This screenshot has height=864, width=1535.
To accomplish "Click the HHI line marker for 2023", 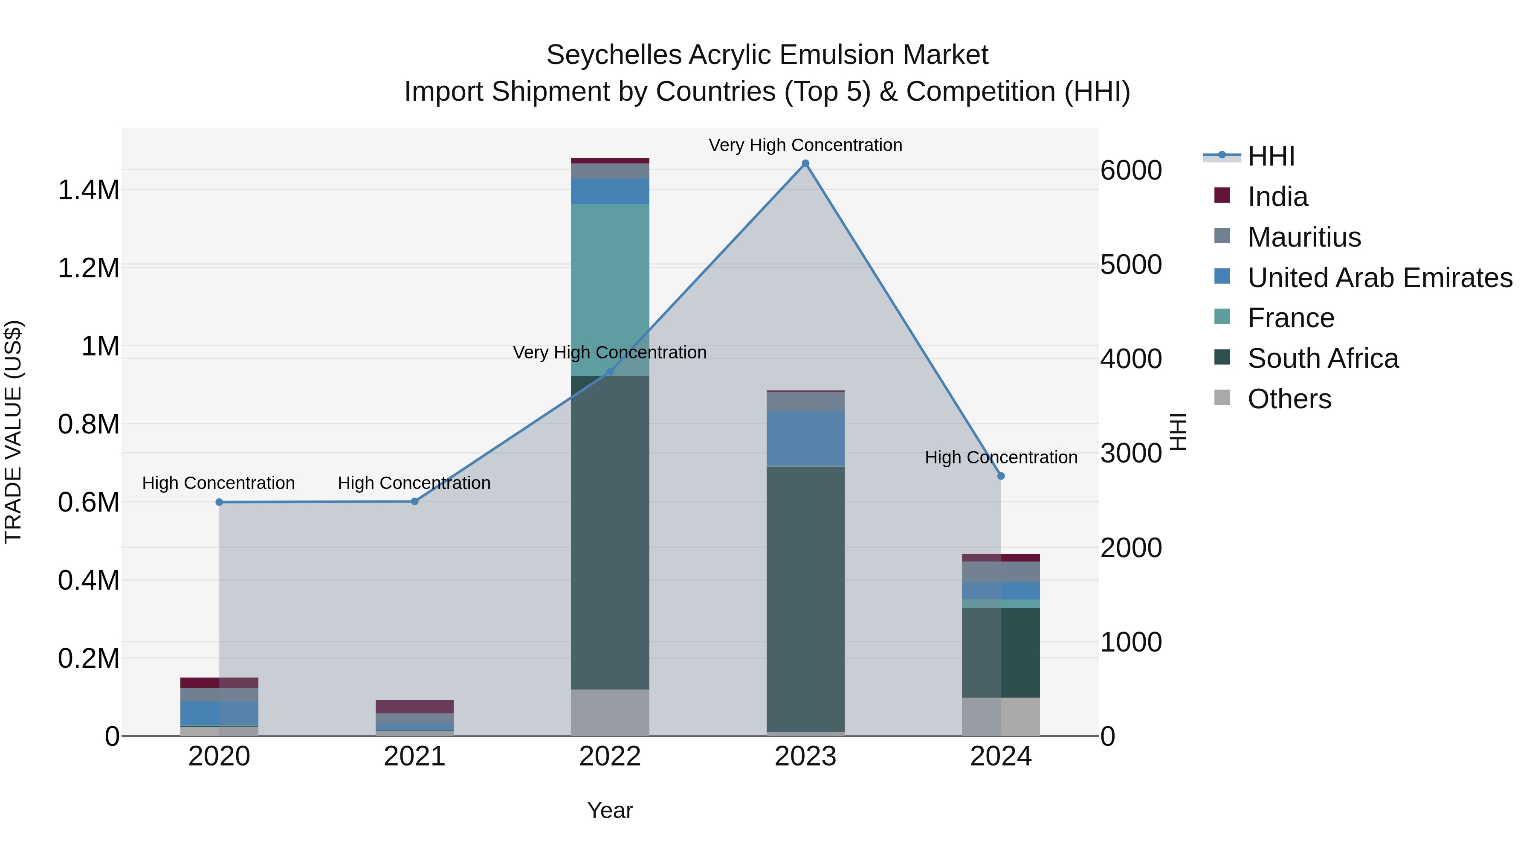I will pyautogui.click(x=805, y=163).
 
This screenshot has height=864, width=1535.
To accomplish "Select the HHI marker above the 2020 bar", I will pyautogui.click(x=219, y=502).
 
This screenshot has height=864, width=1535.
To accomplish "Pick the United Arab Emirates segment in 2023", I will pyautogui.click(x=805, y=438).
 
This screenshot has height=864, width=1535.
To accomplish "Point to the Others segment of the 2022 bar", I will pyautogui.click(x=610, y=712).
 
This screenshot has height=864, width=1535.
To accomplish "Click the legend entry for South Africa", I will pyautogui.click(x=1322, y=358).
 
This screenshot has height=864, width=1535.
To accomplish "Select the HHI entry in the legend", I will pyautogui.click(x=1271, y=156).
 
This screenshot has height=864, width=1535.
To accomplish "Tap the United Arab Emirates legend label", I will pyautogui.click(x=1379, y=278).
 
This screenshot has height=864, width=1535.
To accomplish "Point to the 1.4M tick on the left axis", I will pyautogui.click(x=88, y=190).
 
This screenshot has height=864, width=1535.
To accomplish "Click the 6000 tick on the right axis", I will pyautogui.click(x=1130, y=171).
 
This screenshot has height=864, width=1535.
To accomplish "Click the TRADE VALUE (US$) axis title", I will pyautogui.click(x=13, y=432).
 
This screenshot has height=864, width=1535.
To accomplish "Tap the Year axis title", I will pyautogui.click(x=610, y=810).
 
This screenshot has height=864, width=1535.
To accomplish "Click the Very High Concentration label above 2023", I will pyautogui.click(x=805, y=145).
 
